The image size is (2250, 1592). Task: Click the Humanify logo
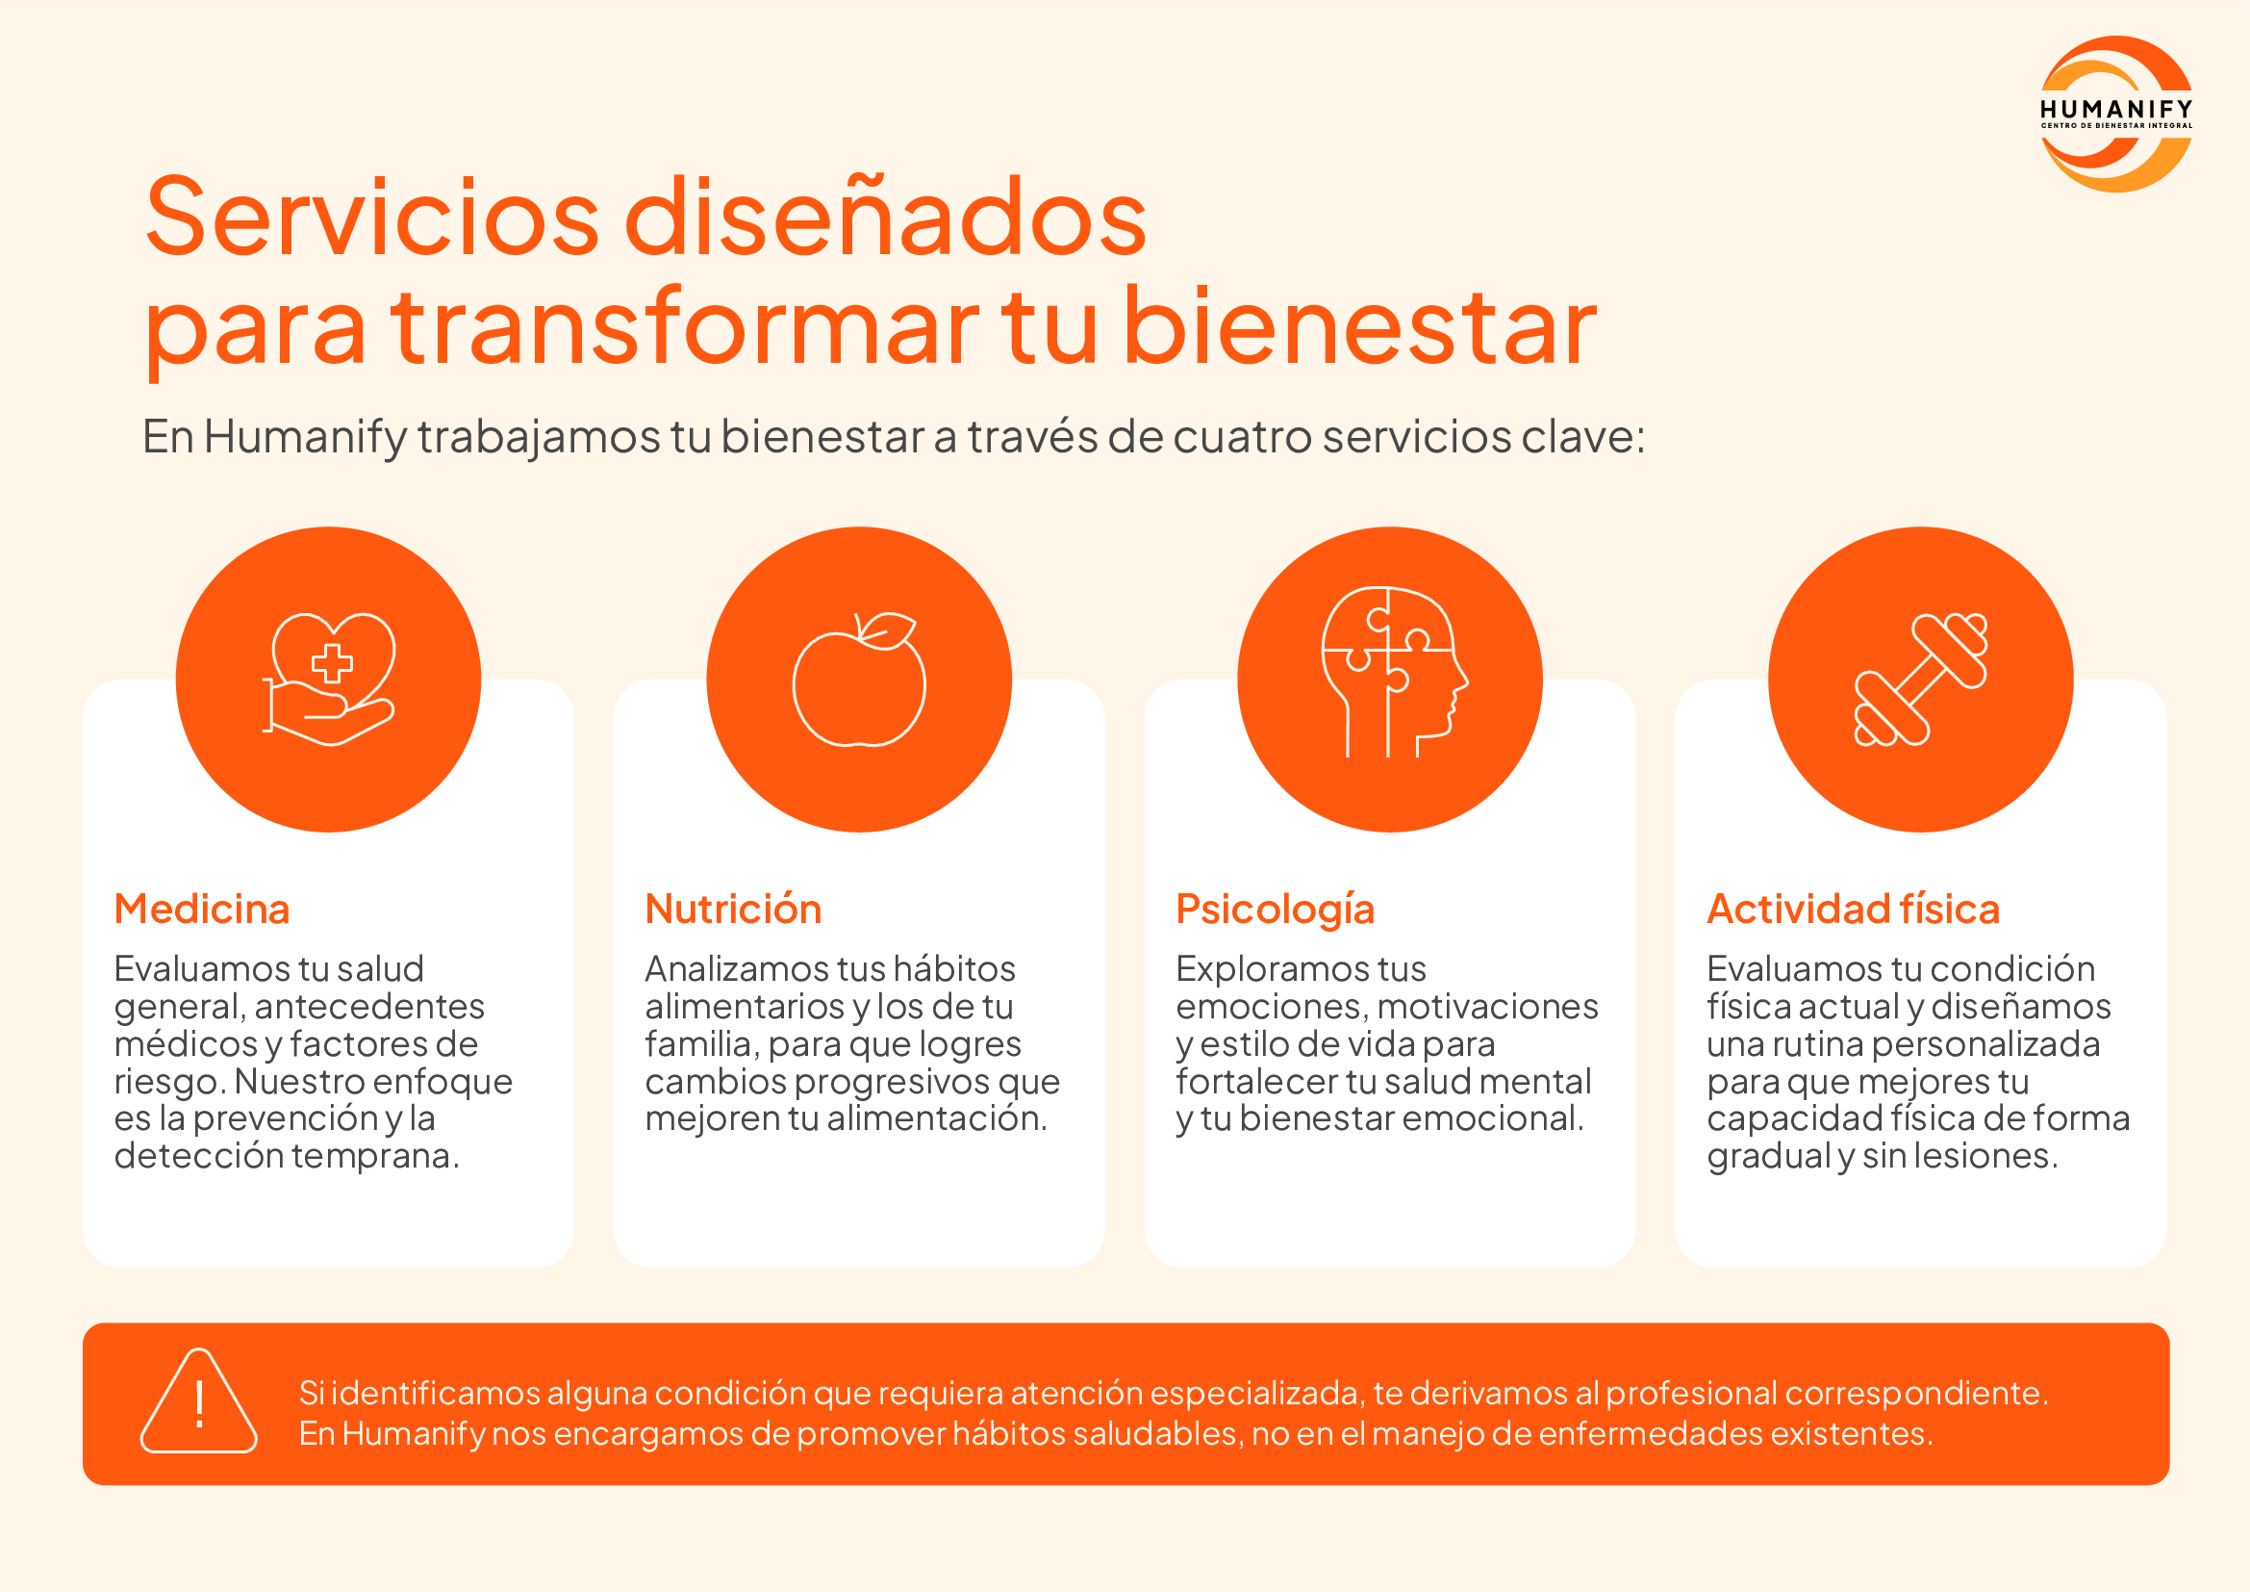point(2115,114)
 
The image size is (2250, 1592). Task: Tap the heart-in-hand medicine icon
point(329,680)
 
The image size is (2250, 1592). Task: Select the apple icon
point(859,680)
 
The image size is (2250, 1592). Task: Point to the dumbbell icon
point(1921,680)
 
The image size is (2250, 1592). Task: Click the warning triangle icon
point(199,1400)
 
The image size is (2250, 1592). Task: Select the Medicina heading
point(202,909)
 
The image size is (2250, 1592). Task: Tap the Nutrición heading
point(733,909)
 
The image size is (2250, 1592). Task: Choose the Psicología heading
point(1275,911)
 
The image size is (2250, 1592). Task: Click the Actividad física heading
point(1853,909)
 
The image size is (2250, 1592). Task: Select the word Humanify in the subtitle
point(305,437)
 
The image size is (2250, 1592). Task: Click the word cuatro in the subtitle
point(1242,437)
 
